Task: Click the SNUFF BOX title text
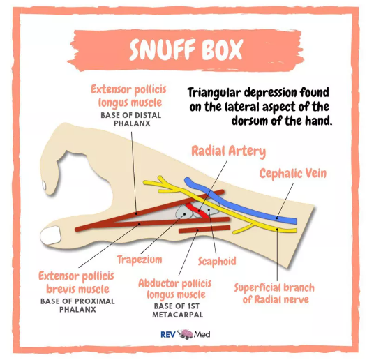pos(186,50)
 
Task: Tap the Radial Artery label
pos(229,151)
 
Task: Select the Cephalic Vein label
pos(293,174)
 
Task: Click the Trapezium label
pos(140,260)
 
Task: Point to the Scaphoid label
pos(217,261)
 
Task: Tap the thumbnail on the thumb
pos(50,235)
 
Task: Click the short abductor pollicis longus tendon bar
pos(204,229)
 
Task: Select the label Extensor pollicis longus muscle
pos(129,96)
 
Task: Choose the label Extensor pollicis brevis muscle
pos(77,283)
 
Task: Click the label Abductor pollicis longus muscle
pos(175,289)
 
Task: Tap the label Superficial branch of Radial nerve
pos(274,294)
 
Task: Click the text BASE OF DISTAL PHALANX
pos(131,119)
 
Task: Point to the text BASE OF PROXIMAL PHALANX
pos(77,305)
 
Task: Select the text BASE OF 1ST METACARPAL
pos(177,310)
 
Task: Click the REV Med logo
pos(185,334)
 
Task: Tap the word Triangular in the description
pos(214,93)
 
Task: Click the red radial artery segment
pos(197,210)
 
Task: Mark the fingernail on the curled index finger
pos(44,186)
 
